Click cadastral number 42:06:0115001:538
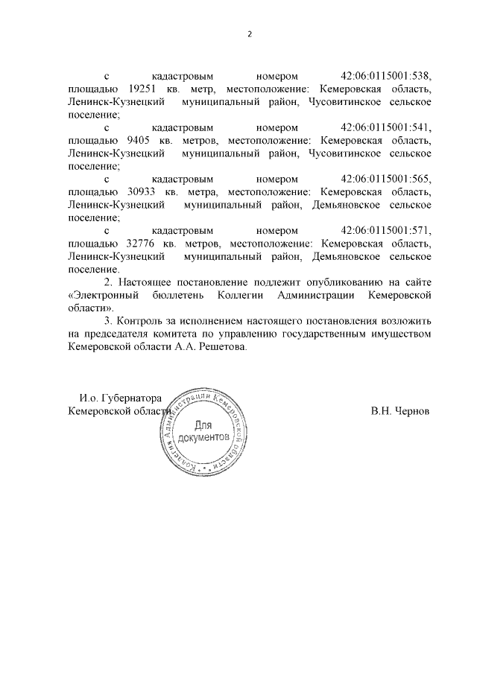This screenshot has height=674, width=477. pyautogui.click(x=386, y=77)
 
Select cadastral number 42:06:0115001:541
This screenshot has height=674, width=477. pyautogui.click(x=386, y=128)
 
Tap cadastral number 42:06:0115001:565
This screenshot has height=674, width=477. pyautogui.click(x=386, y=179)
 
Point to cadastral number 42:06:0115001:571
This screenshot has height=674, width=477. pyautogui.click(x=386, y=231)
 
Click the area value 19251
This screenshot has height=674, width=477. pyautogui.click(x=136, y=89)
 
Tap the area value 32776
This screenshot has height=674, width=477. pyautogui.click(x=136, y=244)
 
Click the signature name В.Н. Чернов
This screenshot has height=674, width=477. pyautogui.click(x=400, y=411)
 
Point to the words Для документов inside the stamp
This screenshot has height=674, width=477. pyautogui.click(x=203, y=432)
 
